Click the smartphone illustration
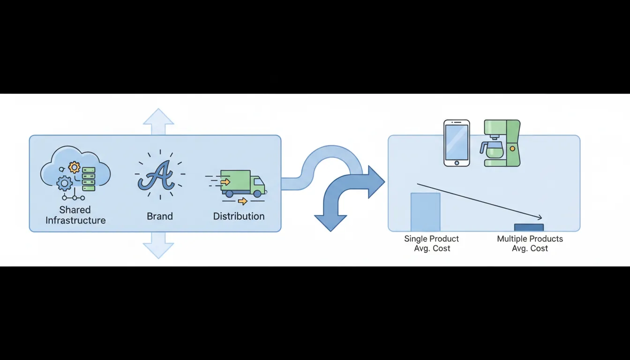[457, 142]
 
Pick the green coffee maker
[502, 143]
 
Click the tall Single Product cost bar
[425, 212]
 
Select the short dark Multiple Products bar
[529, 227]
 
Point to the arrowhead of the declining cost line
[540, 217]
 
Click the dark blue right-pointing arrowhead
[375, 182]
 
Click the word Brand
[160, 216]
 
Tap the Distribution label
[239, 216]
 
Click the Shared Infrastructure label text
[75, 215]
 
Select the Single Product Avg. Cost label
[432, 243]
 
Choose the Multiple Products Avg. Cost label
[530, 243]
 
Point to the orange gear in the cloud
[74, 167]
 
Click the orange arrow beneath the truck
[242, 202]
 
